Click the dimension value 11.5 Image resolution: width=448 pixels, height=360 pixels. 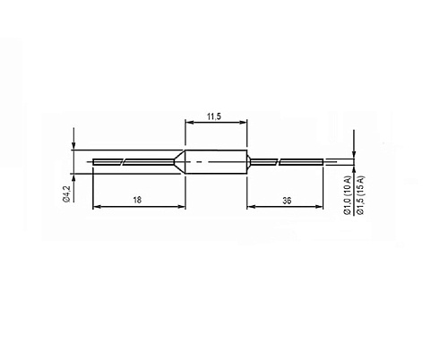(x=215, y=117)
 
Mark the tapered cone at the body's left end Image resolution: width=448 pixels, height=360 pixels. (x=178, y=161)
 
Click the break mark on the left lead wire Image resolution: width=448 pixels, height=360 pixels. (x=123, y=161)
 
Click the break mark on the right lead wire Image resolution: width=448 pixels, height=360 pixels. (x=280, y=161)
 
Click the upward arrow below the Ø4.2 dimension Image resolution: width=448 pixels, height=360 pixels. (x=74, y=177)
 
